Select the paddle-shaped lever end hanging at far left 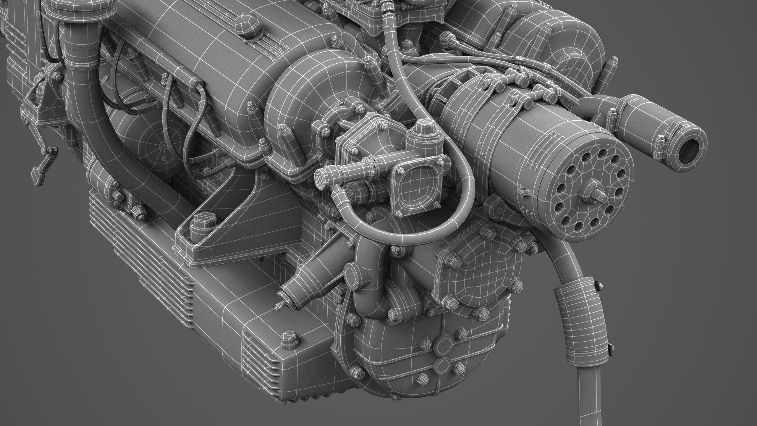tap(36, 174)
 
